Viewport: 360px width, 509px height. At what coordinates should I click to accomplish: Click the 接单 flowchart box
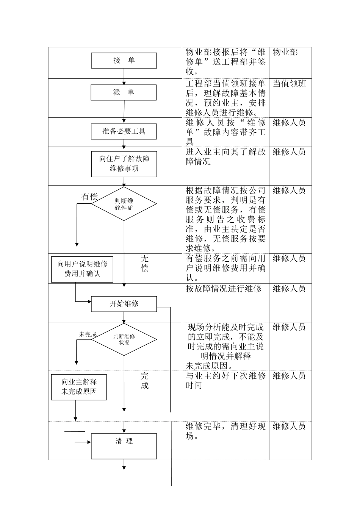[124, 61]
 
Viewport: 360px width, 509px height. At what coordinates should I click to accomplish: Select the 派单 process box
[124, 92]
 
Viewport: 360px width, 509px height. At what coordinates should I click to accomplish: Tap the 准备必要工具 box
[124, 131]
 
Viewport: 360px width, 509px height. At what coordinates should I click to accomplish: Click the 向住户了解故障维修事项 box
[124, 164]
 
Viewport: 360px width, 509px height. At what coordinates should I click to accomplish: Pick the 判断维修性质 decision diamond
[124, 204]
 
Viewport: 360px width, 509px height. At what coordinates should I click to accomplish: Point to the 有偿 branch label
[89, 197]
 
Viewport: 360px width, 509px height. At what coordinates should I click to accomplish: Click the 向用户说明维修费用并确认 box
[82, 269]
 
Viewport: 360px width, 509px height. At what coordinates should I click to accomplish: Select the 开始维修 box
[124, 304]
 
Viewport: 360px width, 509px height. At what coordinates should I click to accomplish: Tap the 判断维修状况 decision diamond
[124, 339]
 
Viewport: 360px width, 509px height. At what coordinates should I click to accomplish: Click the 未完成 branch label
[88, 334]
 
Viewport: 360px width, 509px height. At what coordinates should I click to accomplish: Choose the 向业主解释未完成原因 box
[79, 387]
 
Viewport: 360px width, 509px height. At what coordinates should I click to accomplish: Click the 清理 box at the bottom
[124, 446]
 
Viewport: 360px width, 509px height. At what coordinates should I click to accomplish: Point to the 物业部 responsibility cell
[285, 52]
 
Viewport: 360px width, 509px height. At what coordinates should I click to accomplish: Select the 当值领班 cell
[289, 84]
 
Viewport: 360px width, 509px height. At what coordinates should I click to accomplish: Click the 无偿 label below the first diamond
[144, 263]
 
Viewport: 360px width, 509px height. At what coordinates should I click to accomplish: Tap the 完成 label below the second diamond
[144, 381]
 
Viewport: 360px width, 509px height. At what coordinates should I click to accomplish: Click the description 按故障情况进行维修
[224, 289]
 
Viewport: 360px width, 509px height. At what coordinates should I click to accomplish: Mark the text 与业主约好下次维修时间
[225, 381]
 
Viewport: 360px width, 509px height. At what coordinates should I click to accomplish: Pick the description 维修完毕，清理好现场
[225, 431]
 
